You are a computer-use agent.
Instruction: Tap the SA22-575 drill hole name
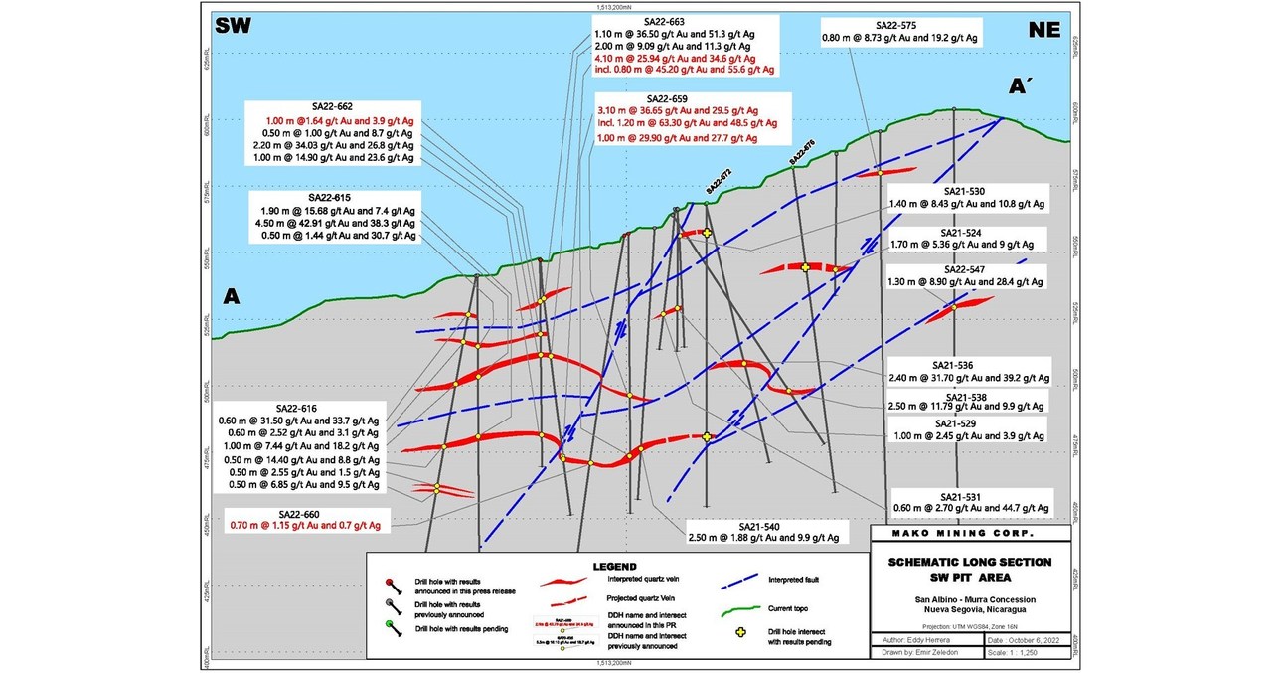click(900, 24)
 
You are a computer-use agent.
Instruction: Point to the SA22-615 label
click(331, 198)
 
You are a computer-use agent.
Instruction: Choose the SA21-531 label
click(967, 496)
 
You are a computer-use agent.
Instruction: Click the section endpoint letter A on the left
click(232, 296)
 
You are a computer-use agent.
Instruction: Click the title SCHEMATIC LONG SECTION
click(970, 563)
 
